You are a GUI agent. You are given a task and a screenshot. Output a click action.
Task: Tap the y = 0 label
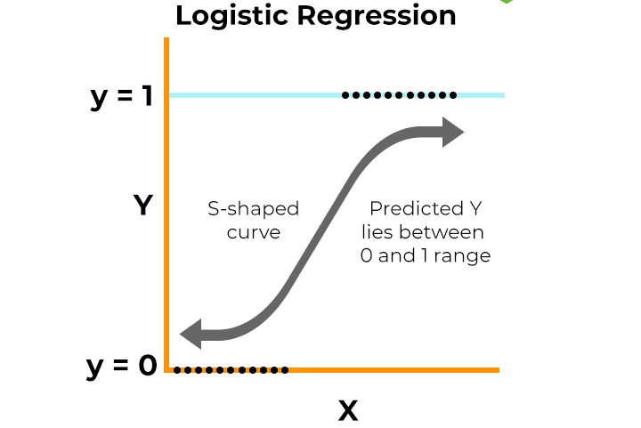pos(121,365)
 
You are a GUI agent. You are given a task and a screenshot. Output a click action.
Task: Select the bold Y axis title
pos(143,206)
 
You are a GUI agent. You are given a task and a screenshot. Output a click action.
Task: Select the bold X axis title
pos(347,411)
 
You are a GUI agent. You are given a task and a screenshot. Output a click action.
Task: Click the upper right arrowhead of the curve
pos(452,133)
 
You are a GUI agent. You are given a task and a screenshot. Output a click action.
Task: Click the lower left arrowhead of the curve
pos(191,335)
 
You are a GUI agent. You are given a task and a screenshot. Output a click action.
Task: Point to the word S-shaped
pos(253,210)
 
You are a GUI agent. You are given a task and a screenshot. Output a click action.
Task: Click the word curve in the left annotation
pos(253,233)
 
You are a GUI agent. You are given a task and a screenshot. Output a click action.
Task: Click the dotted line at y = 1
pos(399,94)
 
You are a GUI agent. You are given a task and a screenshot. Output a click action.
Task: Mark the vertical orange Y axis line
pos(166,222)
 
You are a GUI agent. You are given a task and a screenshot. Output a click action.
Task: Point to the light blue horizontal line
pos(258,94)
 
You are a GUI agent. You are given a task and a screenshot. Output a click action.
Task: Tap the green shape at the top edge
pos(506,2)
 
